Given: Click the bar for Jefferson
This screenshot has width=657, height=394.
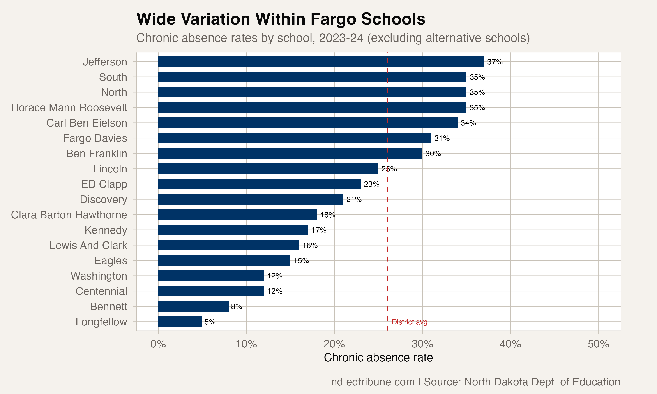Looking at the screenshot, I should pos(321,62).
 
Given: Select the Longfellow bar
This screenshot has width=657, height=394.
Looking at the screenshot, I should pos(180,322).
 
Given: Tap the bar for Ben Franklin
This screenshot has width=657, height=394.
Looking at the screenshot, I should pos(290,153).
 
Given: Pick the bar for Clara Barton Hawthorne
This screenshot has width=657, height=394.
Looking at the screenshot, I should pos(237,215).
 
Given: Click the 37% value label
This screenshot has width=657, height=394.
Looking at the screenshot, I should pos(495,62).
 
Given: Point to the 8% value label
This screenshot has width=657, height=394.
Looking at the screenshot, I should pos(236,307).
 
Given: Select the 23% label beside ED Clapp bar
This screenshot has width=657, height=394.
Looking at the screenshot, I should pos(371,184).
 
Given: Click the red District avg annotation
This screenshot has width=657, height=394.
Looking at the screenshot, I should pos(409,322).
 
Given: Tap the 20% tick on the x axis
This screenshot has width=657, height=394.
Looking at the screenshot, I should pos(334,344).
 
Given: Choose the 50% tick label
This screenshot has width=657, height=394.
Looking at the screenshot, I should pos(598,344).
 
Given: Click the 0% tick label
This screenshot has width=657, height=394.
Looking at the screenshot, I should pos(158,344).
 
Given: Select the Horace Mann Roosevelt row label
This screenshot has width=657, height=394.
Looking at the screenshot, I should pos(69,108).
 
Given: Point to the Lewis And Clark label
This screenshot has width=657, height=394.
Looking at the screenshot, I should pos(88,246).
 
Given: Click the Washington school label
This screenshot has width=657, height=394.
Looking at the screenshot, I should pos(99,276).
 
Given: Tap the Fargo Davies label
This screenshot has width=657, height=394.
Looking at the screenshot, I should pos(95,138).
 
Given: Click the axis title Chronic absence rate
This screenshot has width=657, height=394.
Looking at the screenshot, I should pos(378,358).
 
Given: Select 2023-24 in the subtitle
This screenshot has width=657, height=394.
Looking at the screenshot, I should pos(341,38).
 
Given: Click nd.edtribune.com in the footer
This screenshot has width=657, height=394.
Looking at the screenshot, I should pos(373,382).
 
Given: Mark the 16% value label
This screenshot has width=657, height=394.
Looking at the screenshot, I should pos(310,246).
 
